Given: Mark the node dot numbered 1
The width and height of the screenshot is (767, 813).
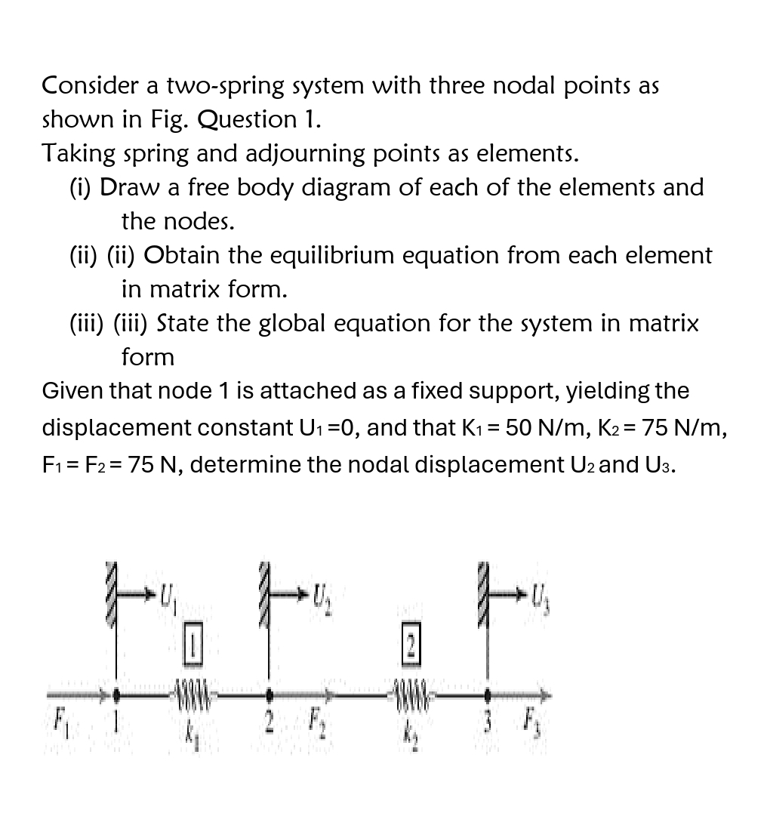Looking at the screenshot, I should [x=116, y=691].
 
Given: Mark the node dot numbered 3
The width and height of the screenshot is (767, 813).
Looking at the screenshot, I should [x=487, y=691].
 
